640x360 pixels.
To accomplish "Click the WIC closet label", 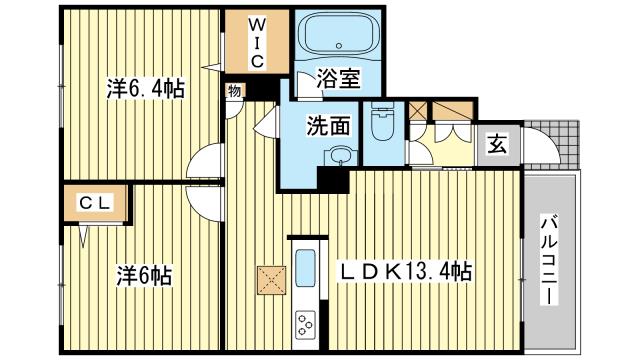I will point(256,40).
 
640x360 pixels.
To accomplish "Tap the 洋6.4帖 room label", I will point(144,88).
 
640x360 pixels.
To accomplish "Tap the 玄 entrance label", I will point(496,144).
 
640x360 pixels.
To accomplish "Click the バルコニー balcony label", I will point(550,263).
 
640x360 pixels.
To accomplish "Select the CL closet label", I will point(96,202).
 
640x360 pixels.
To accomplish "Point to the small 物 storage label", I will point(233,91).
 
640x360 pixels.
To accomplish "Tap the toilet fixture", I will point(381,124).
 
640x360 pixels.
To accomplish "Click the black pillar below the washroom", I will point(330,180).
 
